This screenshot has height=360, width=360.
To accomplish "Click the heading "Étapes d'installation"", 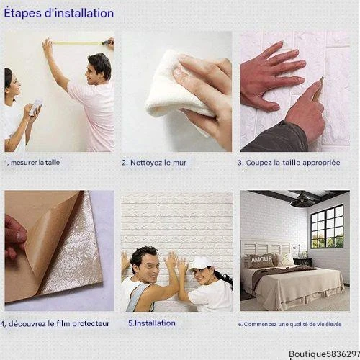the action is [x=59, y=13].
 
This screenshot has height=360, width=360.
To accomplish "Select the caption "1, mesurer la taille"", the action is [x=32, y=163].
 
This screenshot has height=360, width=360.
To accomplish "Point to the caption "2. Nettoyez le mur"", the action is [x=154, y=163].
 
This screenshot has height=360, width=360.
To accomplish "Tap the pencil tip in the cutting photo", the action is [x=323, y=77].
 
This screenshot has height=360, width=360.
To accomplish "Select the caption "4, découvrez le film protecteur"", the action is [x=55, y=323].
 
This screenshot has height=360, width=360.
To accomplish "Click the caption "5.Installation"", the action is [x=152, y=323].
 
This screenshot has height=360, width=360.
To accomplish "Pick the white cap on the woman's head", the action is [x=201, y=264].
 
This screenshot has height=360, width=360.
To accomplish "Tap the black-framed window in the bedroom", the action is [x=327, y=227].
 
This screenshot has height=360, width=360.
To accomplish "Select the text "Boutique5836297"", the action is [x=324, y=354].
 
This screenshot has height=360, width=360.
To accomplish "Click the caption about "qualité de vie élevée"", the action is [x=289, y=324].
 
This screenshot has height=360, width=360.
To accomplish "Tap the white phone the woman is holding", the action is [x=35, y=107].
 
